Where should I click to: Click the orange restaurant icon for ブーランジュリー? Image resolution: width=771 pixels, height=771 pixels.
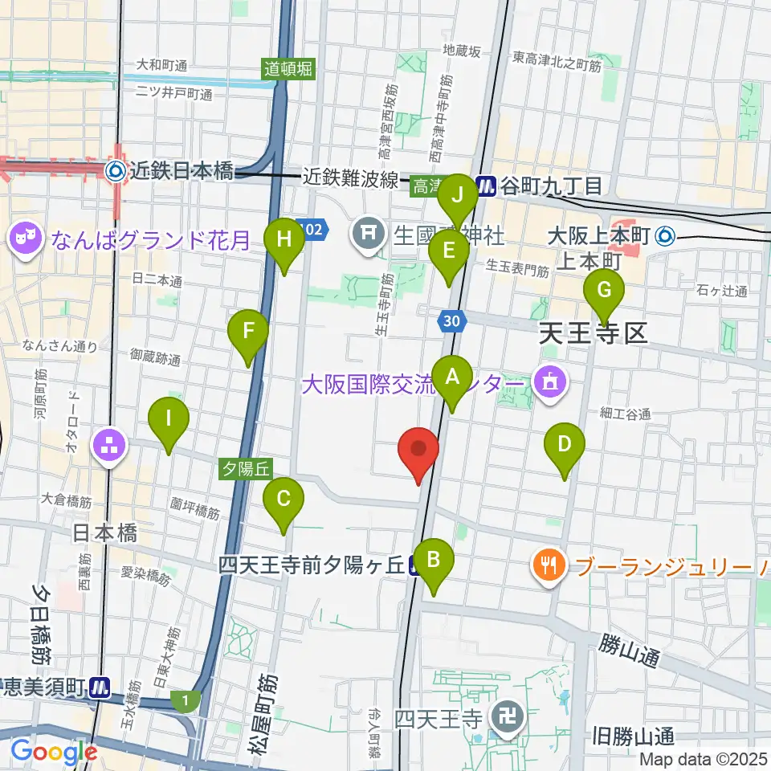tap(549, 565)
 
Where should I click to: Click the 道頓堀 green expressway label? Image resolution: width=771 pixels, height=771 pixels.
tap(288, 69)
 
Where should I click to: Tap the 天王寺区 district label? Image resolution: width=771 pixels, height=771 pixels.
tap(593, 332)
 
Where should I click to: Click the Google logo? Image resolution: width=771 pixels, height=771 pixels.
tap(54, 752)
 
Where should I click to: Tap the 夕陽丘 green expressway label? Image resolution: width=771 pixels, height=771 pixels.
tap(248, 466)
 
